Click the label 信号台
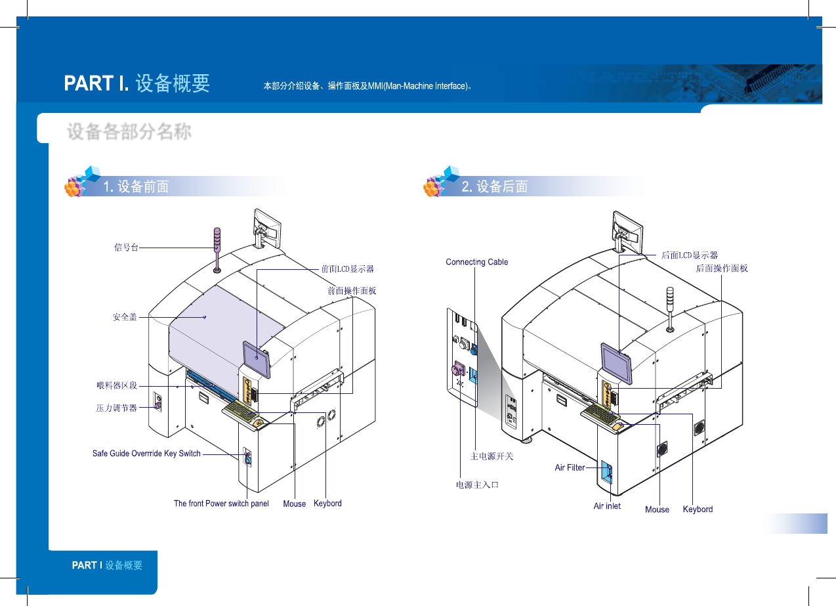[x=126, y=248]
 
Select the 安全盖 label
[x=125, y=317]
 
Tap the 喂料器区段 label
[x=116, y=385]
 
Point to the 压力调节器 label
[x=116, y=408]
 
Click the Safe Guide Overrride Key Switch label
[x=146, y=453]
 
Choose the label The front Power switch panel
[x=221, y=504]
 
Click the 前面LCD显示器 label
[x=347, y=269]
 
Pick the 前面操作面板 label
[x=352, y=290]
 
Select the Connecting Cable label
[x=476, y=262]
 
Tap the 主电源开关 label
[x=491, y=456]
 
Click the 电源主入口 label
[x=478, y=485]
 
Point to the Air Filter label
[x=570, y=467]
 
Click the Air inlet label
[x=607, y=506]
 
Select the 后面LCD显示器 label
[x=689, y=255]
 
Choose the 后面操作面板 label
[x=721, y=268]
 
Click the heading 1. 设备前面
[x=136, y=186]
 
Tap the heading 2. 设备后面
[x=495, y=186]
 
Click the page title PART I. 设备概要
[x=136, y=83]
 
